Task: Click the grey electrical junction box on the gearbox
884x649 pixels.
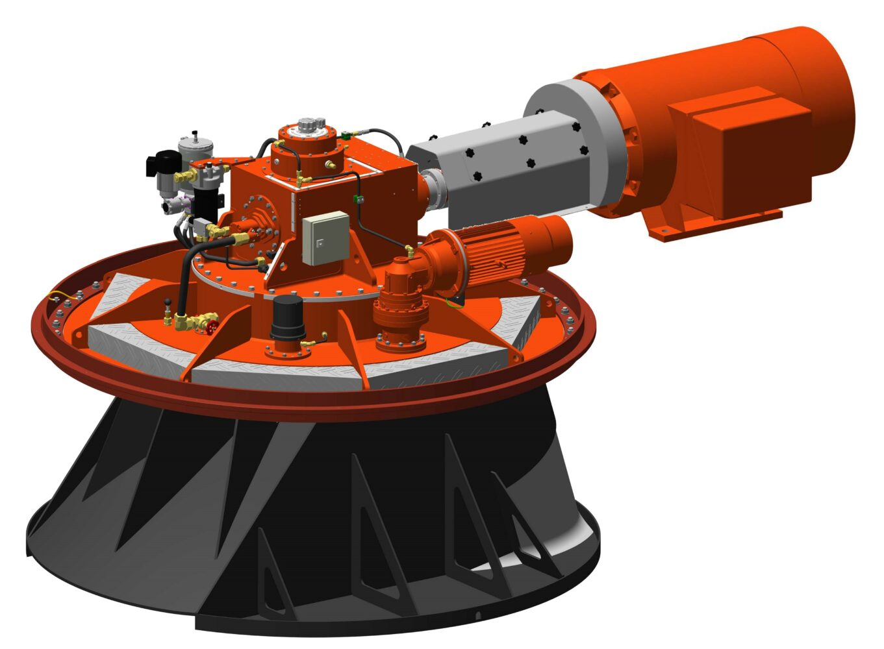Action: [327, 239]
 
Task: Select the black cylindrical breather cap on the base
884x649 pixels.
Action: [288, 319]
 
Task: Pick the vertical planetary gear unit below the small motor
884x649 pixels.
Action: [399, 312]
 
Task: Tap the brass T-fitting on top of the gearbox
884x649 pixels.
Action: [301, 177]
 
